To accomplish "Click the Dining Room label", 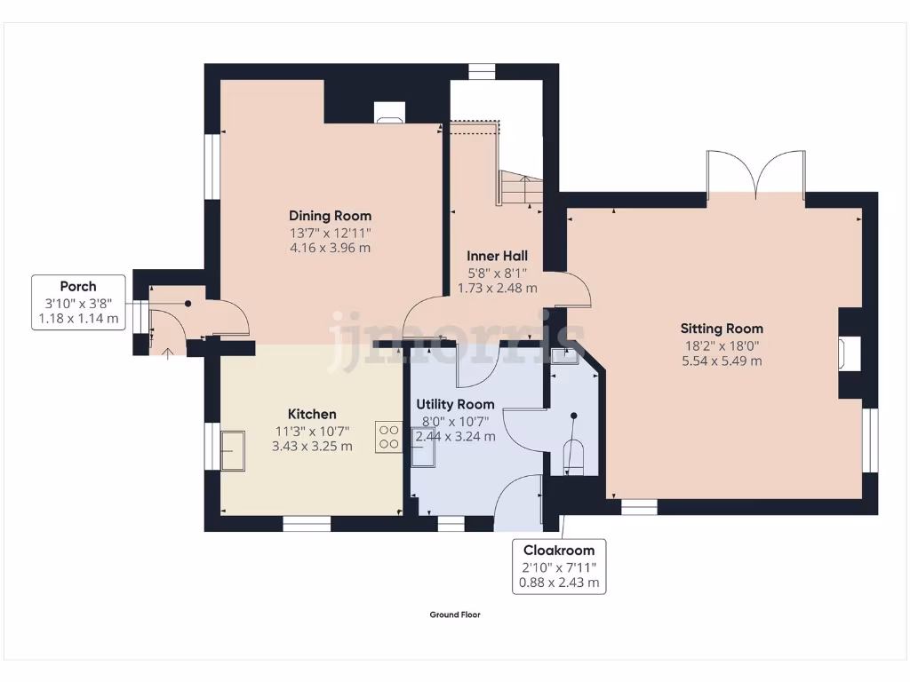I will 330,216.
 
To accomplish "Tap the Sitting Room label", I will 722,329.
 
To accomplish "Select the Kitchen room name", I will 312,414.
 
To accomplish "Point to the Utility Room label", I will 455,404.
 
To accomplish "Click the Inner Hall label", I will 497,256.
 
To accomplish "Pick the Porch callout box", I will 78,302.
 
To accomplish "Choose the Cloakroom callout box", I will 559,567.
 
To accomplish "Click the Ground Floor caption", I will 455,615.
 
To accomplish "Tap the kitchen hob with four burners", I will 388,437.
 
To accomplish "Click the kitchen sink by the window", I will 233,449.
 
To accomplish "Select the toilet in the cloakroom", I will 574,456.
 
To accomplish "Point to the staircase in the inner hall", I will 520,188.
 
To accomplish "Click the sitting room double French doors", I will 755,173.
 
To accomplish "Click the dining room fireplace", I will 389,112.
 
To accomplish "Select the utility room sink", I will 423,447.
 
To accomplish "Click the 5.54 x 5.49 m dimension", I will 722,361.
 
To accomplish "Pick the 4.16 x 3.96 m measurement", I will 330,248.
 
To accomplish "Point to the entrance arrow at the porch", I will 170,351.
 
